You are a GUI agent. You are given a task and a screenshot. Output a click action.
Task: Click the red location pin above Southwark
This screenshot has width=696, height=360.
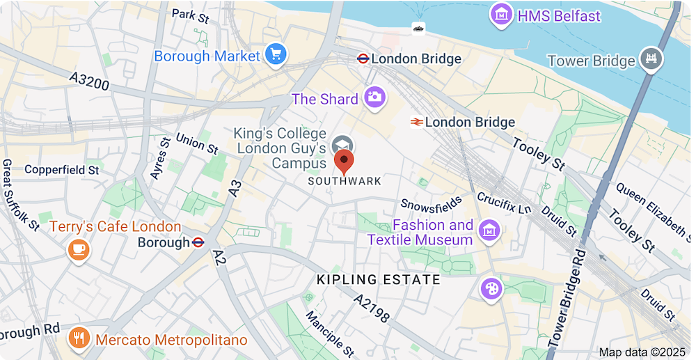[344, 162]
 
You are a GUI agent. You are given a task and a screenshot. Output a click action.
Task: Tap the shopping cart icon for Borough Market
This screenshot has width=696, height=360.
[276, 55]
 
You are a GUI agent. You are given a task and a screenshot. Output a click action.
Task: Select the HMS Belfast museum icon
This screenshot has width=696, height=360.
[501, 15]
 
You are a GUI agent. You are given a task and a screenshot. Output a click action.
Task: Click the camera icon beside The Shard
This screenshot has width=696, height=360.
[374, 98]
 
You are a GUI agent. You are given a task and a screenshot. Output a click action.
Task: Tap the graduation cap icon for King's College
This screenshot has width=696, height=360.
[342, 144]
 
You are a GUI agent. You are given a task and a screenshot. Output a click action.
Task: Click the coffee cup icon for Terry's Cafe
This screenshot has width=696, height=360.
[78, 249]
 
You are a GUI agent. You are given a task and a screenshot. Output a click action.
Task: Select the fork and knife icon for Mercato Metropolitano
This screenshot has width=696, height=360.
[79, 339]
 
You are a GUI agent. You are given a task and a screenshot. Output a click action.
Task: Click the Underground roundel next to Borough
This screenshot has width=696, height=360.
[198, 242]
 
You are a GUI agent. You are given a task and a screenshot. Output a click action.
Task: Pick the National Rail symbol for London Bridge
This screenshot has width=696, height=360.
[417, 122]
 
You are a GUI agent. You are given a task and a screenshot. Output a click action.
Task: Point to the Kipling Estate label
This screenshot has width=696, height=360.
[379, 280]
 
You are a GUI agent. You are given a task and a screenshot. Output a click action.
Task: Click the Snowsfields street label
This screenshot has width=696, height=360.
[432, 203]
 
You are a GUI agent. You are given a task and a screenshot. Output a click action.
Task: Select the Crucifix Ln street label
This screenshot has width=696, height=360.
[505, 203]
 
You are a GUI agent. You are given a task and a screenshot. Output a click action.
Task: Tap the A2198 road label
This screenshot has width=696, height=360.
[371, 308]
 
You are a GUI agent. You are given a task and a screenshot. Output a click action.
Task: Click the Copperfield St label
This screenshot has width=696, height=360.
[63, 169]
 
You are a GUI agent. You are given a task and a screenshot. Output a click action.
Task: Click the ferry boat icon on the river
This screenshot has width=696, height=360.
[418, 28]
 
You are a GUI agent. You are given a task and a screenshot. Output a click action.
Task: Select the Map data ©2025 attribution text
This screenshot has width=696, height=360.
[642, 352]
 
